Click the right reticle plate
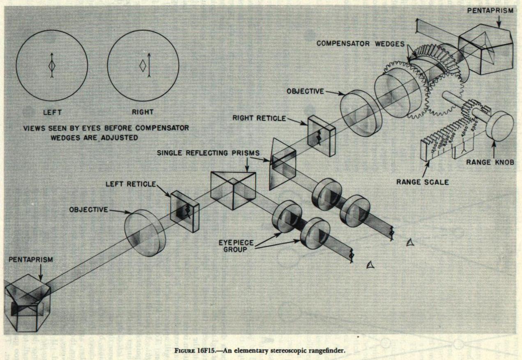tap(322, 135)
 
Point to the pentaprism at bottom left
tap(27, 302)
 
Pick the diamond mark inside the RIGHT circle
tap(143, 66)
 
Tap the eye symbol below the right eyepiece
tap(409, 243)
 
